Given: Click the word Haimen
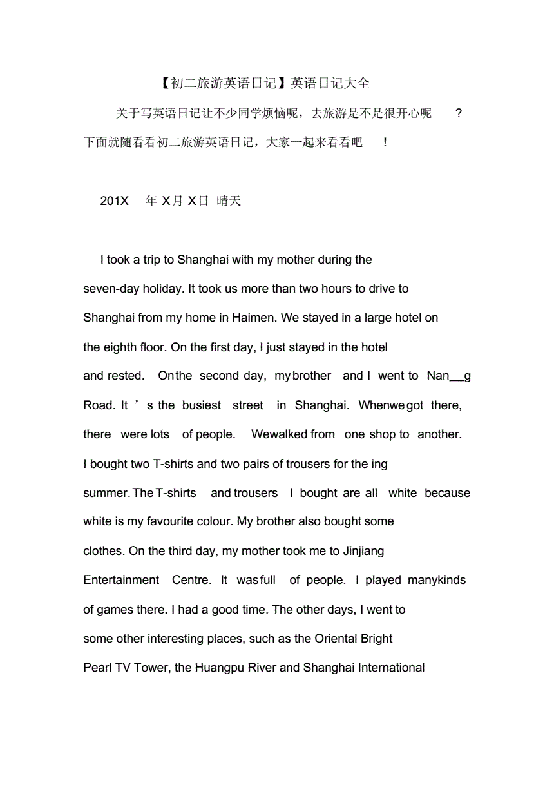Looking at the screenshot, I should pos(255,318).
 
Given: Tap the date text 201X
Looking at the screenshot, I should pos(114,201).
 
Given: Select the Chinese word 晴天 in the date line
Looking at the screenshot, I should pos(229,201).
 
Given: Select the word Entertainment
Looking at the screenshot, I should pos(121,580).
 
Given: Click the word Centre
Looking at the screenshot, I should pos(191,580).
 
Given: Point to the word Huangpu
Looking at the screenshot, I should pos(220,668).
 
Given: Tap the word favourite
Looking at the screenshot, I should pos(175,521).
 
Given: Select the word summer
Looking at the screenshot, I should pos(106,493).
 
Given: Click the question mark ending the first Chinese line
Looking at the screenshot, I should pos(458,113).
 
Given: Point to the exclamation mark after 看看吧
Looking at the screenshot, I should pos(385,142).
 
